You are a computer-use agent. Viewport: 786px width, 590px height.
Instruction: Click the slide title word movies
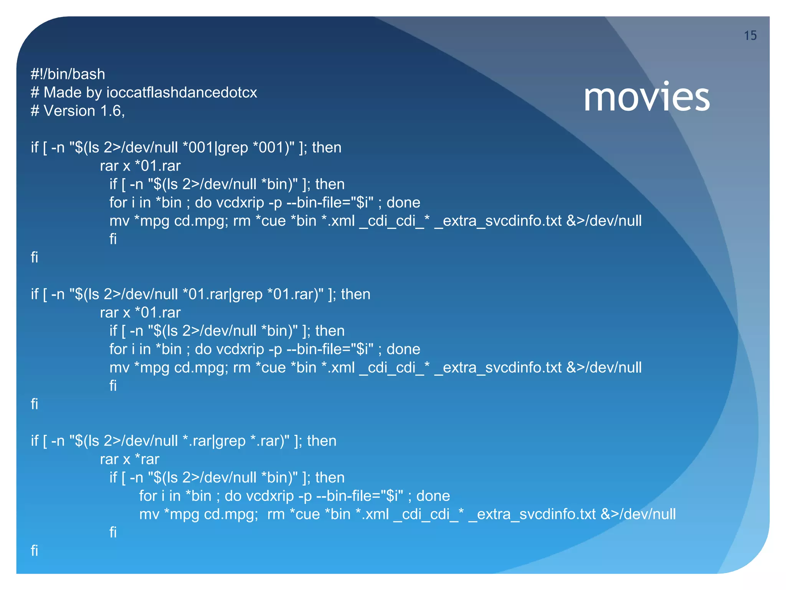[x=646, y=98]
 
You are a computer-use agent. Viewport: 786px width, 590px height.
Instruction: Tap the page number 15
[x=750, y=36]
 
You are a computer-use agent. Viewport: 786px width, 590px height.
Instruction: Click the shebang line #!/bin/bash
[x=68, y=74]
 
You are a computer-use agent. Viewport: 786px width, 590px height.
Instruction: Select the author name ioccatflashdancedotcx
[x=182, y=93]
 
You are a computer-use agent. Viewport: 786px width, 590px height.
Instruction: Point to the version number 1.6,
[x=112, y=111]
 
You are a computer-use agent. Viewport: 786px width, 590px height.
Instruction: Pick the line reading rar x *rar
[x=129, y=459]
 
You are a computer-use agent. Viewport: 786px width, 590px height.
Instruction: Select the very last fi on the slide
[x=35, y=551]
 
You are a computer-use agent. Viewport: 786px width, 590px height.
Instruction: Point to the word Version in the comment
[x=69, y=111]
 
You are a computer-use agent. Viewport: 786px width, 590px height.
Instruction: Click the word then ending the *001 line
[x=327, y=148]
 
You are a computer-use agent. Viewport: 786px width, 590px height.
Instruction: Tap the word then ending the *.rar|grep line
[x=322, y=441]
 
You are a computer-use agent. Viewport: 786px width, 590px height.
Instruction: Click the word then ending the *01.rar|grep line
[x=356, y=295]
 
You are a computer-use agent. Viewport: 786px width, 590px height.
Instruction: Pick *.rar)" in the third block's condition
[x=270, y=441]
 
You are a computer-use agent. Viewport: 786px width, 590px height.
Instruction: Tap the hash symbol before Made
[x=35, y=93]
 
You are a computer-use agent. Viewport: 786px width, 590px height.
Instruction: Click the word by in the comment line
[x=93, y=93]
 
